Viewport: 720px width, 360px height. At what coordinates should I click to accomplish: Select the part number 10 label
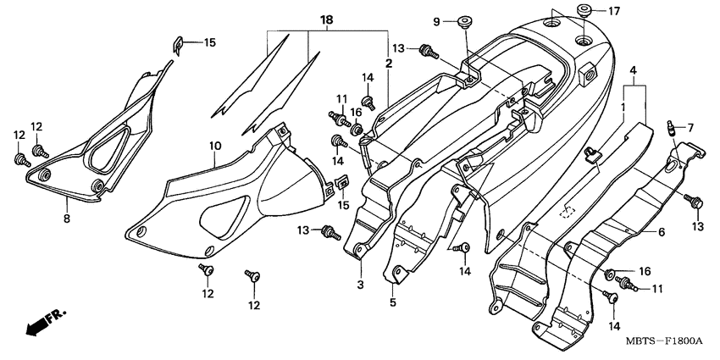click(215, 146)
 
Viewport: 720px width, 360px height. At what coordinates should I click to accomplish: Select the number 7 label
click(690, 128)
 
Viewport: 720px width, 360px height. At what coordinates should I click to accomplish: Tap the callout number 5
click(392, 301)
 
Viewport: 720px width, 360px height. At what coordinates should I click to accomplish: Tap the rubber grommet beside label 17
click(584, 11)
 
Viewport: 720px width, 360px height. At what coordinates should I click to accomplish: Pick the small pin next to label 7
click(669, 128)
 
